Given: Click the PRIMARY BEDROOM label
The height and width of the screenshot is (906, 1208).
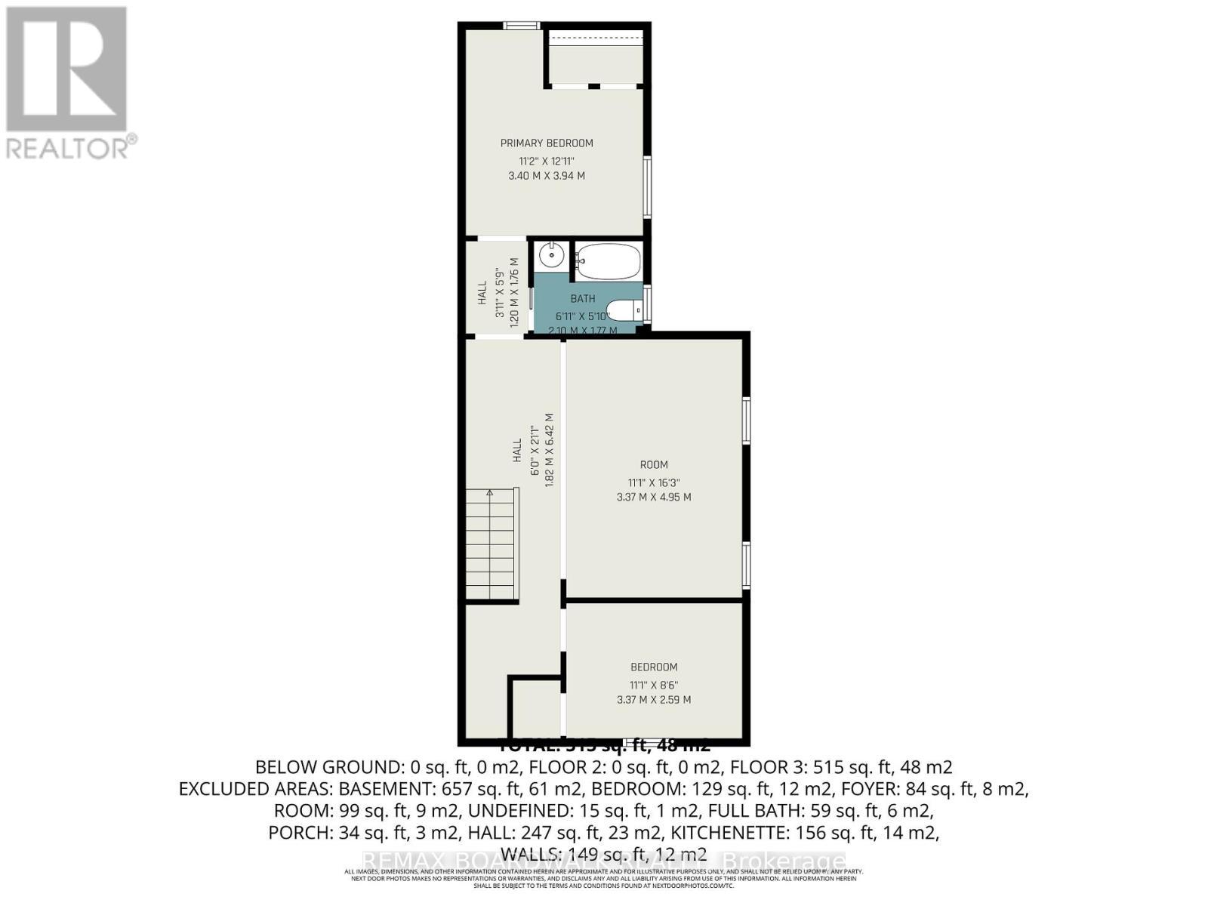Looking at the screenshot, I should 547,143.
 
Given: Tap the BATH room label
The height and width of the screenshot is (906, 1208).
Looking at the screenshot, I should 582,299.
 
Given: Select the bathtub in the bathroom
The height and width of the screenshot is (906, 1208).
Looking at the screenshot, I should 608,261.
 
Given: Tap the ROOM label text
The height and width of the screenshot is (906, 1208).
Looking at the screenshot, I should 654,465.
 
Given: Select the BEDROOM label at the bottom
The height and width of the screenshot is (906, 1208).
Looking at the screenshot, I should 654,667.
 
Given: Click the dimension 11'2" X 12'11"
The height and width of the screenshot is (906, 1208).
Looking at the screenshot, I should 547,161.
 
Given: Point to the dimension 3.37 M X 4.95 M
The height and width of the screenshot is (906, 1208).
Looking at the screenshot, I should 654,498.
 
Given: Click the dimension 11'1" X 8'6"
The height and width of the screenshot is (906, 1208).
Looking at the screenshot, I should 654,686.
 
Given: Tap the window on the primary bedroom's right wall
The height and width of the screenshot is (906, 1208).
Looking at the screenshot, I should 647,186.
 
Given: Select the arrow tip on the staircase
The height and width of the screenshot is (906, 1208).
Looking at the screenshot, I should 489,492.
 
